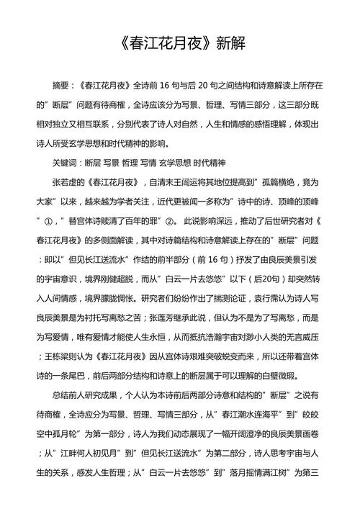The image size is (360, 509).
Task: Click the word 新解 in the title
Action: (x=230, y=44)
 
